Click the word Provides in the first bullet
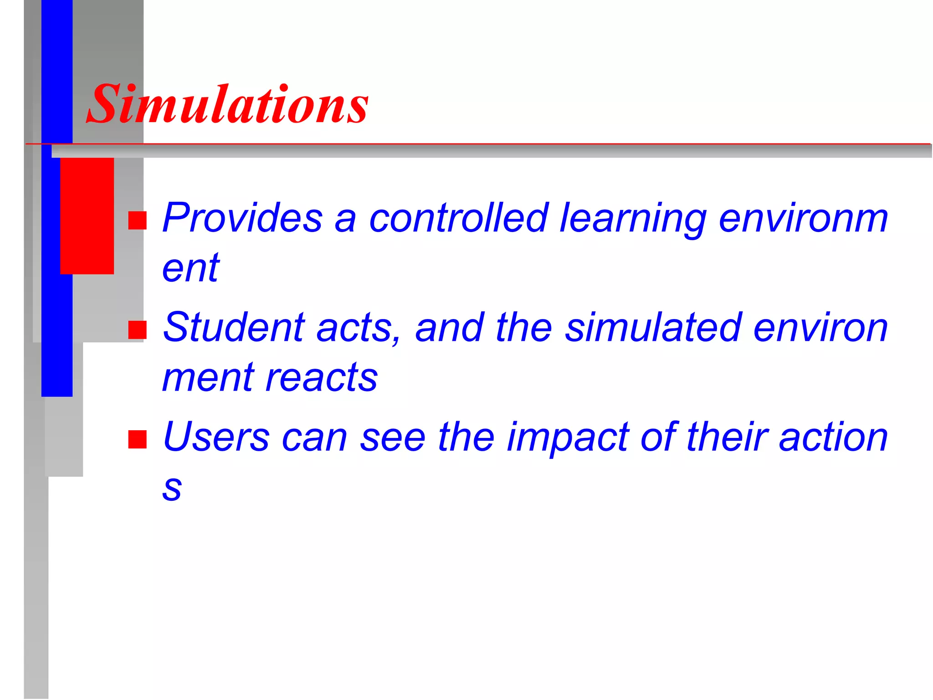pos(242,218)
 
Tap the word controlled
pos(458,218)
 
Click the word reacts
pos(322,378)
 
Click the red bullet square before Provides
pos(137,220)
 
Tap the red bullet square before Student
pos(137,329)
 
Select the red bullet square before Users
pos(137,439)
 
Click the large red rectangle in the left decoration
pos(87,216)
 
